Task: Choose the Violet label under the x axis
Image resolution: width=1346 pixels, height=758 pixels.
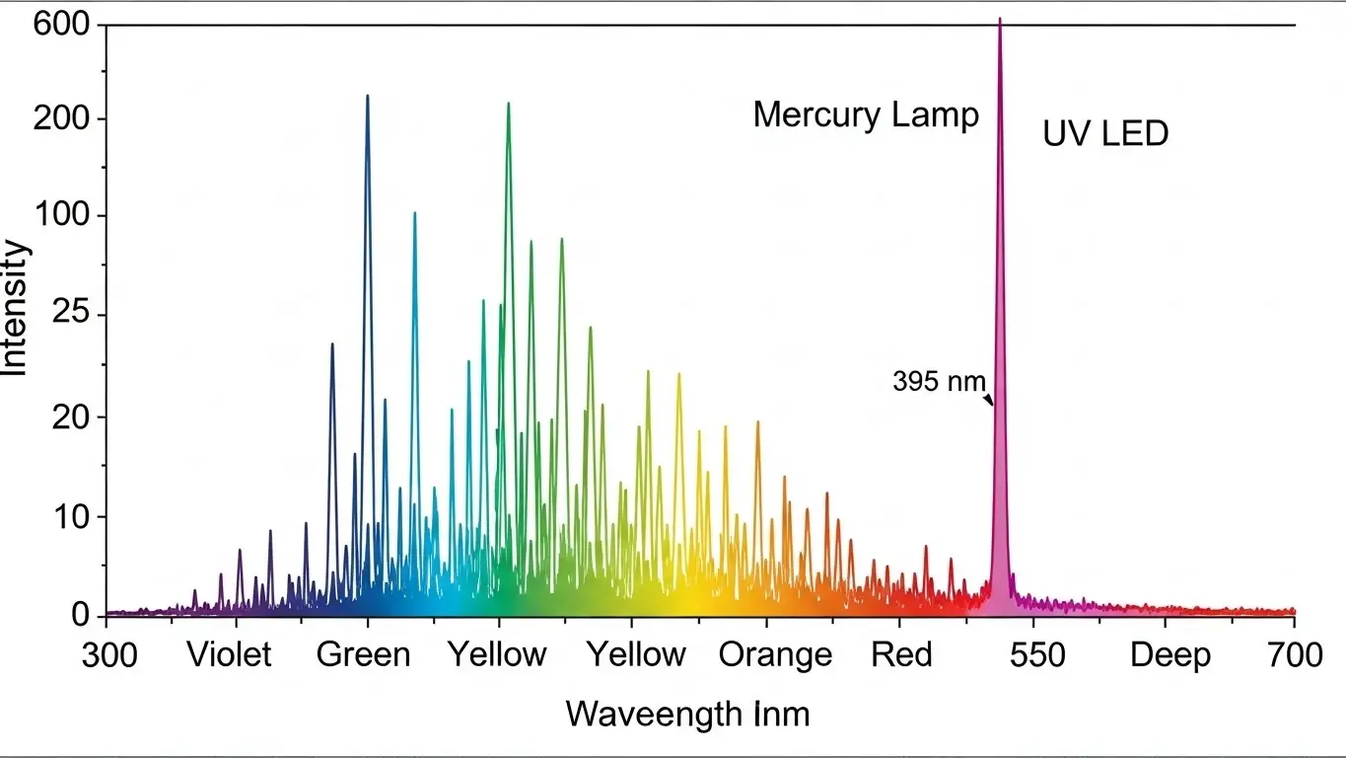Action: (229, 655)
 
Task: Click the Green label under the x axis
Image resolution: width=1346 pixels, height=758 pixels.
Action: (363, 655)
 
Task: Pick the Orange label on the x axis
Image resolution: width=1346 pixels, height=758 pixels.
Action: (775, 655)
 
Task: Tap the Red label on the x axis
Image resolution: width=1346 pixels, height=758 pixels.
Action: (901, 655)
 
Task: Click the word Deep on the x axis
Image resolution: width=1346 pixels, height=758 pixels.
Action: (1170, 655)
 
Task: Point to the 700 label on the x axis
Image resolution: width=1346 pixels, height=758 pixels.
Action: (1294, 655)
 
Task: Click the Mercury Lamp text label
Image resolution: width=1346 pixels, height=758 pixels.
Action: (866, 115)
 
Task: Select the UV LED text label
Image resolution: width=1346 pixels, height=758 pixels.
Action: (1105, 133)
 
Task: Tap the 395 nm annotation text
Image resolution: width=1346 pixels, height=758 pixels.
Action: (939, 381)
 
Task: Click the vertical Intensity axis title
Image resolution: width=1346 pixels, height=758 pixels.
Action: (16, 308)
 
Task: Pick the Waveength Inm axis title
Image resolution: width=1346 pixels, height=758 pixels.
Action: (687, 714)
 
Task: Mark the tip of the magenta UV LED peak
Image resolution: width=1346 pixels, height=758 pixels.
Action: (1000, 19)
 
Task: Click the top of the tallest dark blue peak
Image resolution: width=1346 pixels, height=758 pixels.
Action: (368, 96)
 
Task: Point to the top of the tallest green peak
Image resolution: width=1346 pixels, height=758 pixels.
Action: (509, 103)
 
